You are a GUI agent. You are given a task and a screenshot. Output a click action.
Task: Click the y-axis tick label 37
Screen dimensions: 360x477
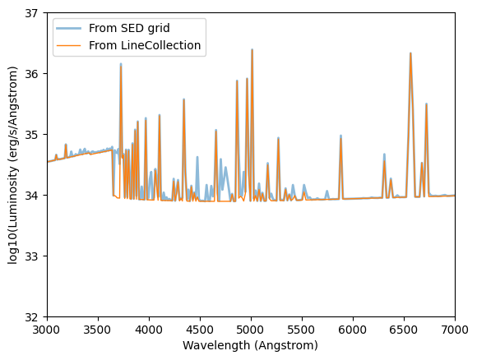click(x=34, y=13)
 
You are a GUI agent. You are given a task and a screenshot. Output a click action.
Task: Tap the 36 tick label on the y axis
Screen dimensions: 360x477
click(x=34, y=74)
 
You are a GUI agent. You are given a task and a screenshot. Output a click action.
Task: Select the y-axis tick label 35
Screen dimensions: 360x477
click(x=34, y=135)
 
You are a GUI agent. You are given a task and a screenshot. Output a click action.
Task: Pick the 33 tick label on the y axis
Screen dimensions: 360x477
click(x=34, y=256)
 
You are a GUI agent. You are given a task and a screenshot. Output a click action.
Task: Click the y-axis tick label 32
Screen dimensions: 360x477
click(x=34, y=317)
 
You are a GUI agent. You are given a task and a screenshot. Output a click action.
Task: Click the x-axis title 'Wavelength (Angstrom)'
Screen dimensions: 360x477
click(x=251, y=346)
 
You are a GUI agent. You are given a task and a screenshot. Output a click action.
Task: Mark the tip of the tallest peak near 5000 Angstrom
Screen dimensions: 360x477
click(x=252, y=49)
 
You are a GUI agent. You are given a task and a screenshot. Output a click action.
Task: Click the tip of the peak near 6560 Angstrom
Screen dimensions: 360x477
click(x=410, y=53)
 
